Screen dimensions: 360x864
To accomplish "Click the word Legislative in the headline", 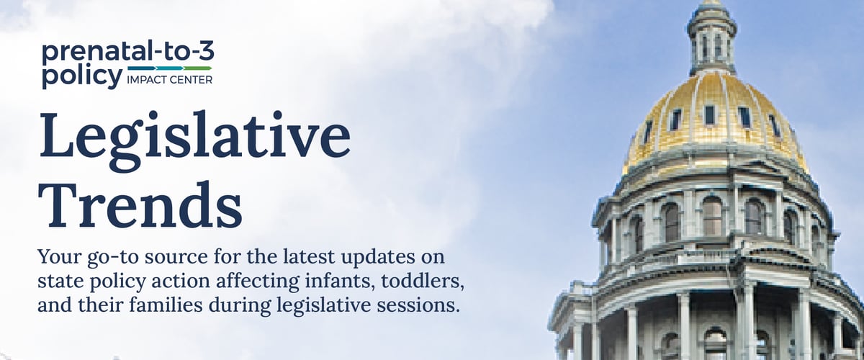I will pyautogui.click(x=194, y=137).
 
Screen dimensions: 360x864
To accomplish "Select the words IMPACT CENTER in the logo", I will pyautogui.click(x=170, y=80).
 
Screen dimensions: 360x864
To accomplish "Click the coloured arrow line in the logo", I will pyautogui.click(x=170, y=68).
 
